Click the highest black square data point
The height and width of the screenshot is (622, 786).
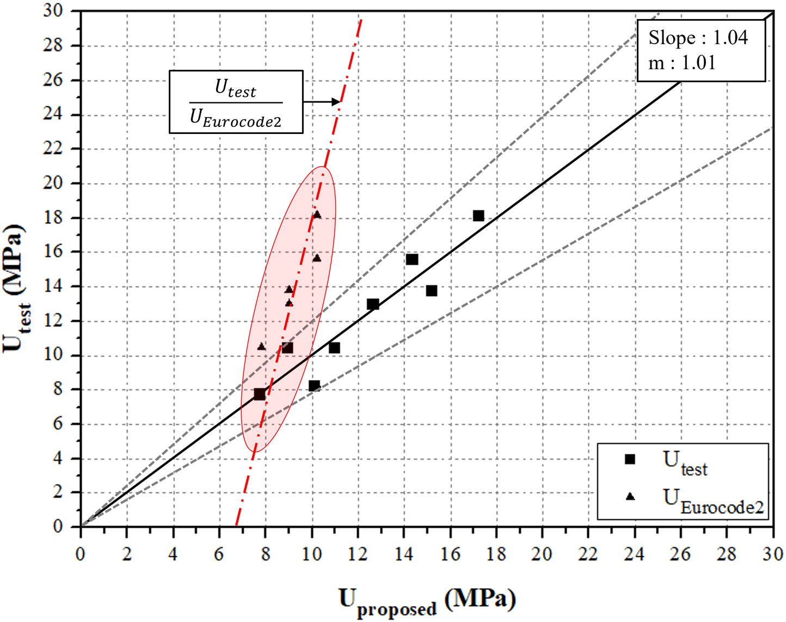(x=478, y=216)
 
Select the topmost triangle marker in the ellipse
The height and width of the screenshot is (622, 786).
(x=317, y=215)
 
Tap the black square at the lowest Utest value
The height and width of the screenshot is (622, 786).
(x=260, y=394)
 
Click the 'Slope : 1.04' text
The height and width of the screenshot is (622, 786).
(x=698, y=38)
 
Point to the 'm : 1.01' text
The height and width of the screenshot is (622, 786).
(x=681, y=63)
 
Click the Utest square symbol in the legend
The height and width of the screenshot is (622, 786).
(x=630, y=459)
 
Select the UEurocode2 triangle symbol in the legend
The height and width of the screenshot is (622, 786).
(x=630, y=496)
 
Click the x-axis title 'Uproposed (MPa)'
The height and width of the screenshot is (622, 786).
(x=427, y=601)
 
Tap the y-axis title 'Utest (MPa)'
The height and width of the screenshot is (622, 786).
(x=15, y=288)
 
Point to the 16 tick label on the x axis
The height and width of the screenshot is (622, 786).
(x=450, y=554)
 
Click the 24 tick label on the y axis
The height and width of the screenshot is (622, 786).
(x=53, y=114)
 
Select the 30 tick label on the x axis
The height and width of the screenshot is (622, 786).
(x=772, y=554)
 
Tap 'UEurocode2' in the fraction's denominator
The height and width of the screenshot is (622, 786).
(x=236, y=118)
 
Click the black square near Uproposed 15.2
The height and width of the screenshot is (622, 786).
(x=432, y=291)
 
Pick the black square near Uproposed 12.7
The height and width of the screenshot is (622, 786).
(x=373, y=304)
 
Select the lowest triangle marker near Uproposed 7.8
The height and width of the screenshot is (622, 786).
(x=261, y=346)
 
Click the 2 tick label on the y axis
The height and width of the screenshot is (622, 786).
(x=57, y=492)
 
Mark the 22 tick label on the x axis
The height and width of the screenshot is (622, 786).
(x=588, y=554)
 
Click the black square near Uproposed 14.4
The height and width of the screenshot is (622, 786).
(x=412, y=259)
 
